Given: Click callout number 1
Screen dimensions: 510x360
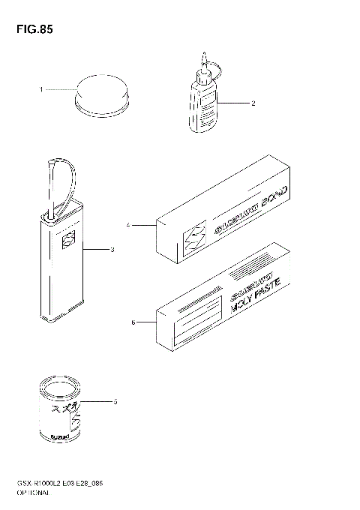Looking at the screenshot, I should (42, 89).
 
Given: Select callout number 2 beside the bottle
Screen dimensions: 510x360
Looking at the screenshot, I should (254, 103).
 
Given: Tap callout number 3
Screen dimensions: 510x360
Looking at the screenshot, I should (112, 248).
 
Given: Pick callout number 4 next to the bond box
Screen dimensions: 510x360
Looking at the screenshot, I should (129, 224).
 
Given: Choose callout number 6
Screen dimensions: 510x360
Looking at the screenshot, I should (133, 323).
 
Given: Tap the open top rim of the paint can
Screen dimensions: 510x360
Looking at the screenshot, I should (59, 388).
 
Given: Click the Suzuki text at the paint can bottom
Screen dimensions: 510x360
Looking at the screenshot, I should (60, 436).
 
